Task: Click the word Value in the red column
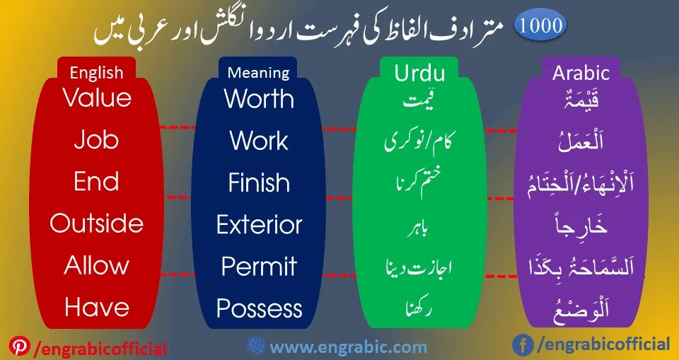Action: coord(97,98)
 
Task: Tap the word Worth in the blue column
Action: coord(259,99)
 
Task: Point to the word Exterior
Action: coord(259,224)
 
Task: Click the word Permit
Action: coord(259,267)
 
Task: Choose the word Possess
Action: coord(259,308)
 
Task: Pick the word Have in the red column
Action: coord(97,307)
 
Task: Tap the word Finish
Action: coord(259,182)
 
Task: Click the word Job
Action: coord(97,139)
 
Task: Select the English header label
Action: coord(96,73)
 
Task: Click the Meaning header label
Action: coord(259,73)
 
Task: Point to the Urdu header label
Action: coord(419,74)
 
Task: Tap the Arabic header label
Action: coord(581,74)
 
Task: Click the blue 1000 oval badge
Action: coord(540,26)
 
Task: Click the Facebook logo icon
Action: coord(523,345)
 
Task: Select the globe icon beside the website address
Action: coord(256,346)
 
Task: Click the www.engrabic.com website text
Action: coord(348,347)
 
